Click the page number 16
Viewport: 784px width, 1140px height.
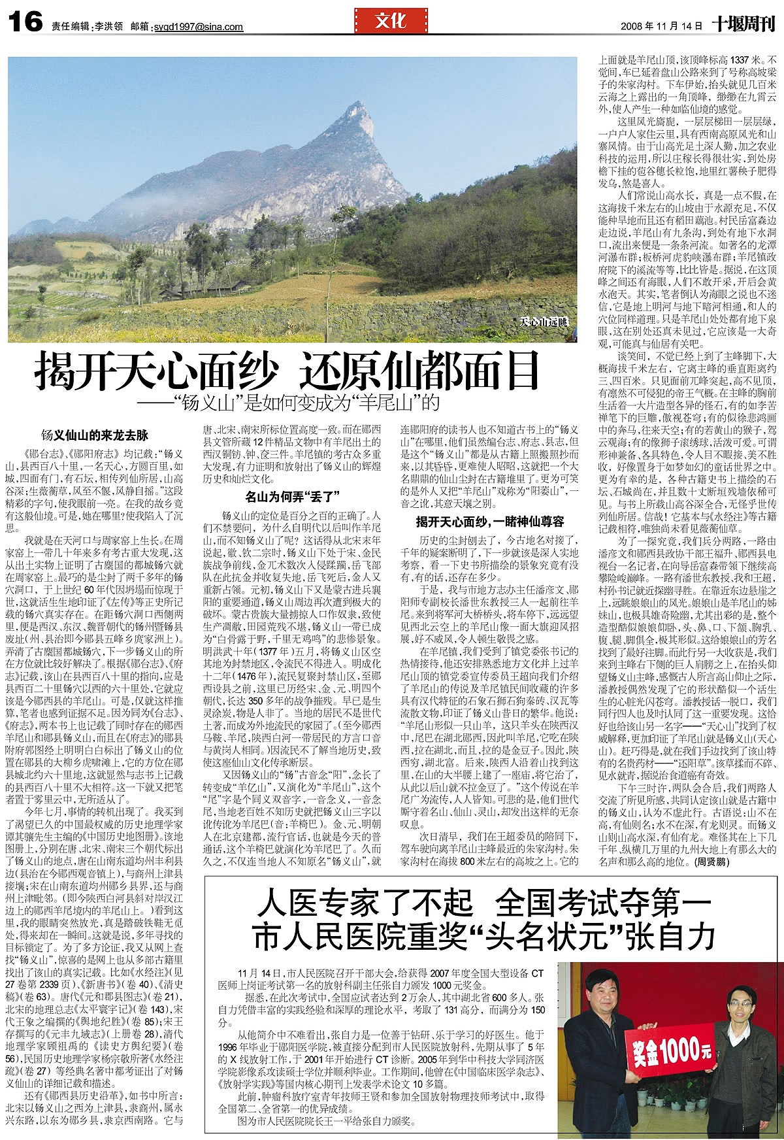click(25, 24)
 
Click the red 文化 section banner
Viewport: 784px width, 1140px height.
click(391, 22)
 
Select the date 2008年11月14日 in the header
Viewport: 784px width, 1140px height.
click(661, 27)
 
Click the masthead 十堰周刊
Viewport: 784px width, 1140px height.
click(743, 25)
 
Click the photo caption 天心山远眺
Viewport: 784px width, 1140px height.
click(545, 322)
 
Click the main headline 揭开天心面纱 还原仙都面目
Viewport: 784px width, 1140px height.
click(287, 371)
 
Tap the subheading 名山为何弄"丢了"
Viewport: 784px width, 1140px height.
click(291, 495)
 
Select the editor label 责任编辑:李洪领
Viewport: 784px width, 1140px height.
click(87, 27)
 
